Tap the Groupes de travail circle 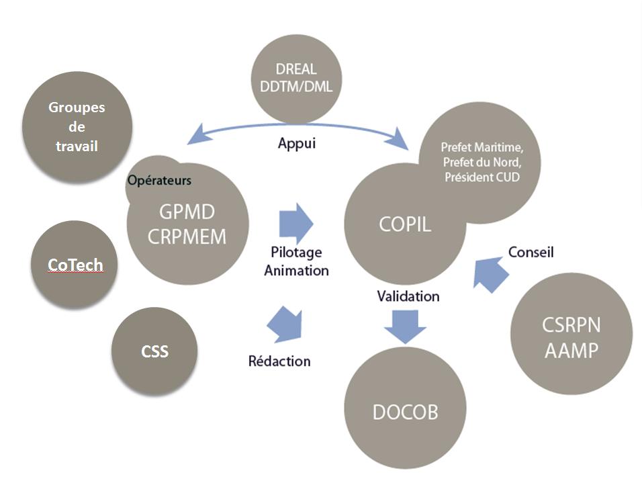pos(77,126)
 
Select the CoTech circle pos(75,265)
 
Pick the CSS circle pos(154,351)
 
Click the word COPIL pos(405,224)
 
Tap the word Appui pos(296,144)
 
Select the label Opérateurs pos(159,181)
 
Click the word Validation pos(408,296)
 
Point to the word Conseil pos(531,253)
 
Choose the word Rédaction pos(279,361)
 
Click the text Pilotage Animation pos(296,261)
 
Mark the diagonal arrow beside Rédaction pos(285,324)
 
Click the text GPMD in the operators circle pos(187,212)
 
